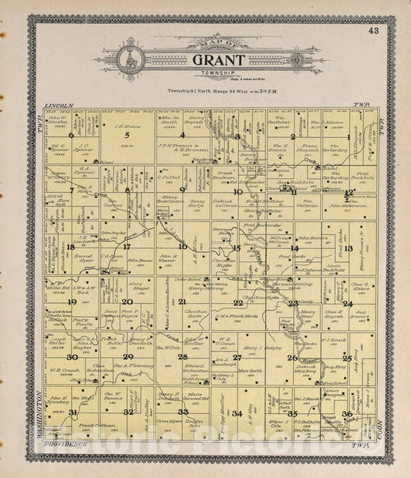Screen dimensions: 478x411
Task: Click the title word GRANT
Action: pos(208,59)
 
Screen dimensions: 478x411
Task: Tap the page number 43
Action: pos(374,31)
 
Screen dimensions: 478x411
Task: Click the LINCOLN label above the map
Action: pos(59,105)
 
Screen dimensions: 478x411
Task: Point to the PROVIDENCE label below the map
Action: pos(64,446)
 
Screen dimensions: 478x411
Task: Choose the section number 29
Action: pos(127,357)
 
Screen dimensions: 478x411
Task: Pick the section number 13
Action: pos(349,247)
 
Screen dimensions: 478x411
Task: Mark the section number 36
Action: pos(349,413)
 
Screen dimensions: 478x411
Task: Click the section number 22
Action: pos(238,302)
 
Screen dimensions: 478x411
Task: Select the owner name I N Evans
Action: pos(127,126)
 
